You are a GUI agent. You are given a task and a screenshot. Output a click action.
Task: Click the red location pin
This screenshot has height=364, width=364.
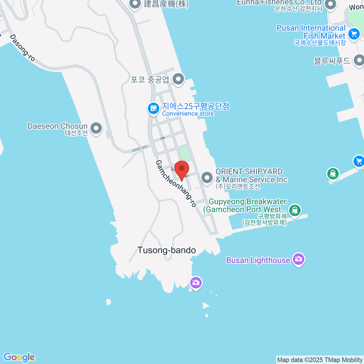pyautogui.click(x=182, y=169)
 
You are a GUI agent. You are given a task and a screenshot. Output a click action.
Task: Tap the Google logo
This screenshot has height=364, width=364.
pyautogui.click(x=19, y=357)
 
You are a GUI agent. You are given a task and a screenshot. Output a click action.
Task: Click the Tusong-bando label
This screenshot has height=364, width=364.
pyautogui.click(x=167, y=250)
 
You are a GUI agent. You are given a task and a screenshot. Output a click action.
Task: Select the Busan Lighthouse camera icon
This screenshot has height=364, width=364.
pyautogui.click(x=298, y=259)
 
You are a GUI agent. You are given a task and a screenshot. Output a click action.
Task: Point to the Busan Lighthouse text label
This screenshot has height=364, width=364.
pyautogui.click(x=258, y=260)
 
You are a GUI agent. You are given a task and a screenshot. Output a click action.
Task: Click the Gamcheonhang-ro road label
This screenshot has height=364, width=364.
pyautogui.click(x=176, y=184)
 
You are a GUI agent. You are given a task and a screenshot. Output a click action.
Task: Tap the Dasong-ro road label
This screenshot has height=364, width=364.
pyautogui.click(x=22, y=48)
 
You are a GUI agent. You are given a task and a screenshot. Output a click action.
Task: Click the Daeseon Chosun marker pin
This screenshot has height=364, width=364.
pyautogui.click(x=96, y=128)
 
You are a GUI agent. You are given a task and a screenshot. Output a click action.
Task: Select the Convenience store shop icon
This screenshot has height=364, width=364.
pyautogui.click(x=153, y=108)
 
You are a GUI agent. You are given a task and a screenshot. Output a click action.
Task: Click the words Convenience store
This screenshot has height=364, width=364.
pyautogui.click(x=188, y=114)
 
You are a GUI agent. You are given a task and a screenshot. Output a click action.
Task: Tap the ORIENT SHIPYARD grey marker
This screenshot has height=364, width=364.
pyautogui.click(x=207, y=177)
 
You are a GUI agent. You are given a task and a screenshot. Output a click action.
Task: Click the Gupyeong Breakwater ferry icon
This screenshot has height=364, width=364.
pyautogui.click(x=294, y=210)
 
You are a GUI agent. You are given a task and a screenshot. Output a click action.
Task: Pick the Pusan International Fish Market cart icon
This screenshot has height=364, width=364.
pyautogui.click(x=354, y=34)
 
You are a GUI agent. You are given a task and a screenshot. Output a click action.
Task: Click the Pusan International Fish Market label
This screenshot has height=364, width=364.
pyautogui.click(x=311, y=32)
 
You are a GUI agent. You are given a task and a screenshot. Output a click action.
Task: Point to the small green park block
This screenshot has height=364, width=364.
pyautogui.click(x=184, y=153)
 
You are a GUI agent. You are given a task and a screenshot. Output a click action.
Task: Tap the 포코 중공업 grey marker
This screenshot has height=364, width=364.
pyautogui.click(x=178, y=79)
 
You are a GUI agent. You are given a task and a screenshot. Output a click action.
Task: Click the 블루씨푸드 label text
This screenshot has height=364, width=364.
pyautogui.click(x=332, y=61)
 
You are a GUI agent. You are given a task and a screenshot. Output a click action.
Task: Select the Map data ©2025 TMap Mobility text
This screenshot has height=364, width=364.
pyautogui.click(x=320, y=360)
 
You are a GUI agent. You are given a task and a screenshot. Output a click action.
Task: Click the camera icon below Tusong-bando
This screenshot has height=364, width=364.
pyautogui.click(x=196, y=283)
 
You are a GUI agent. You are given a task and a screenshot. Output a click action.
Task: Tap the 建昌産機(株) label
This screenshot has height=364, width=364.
pyautogui.click(x=166, y=4)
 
